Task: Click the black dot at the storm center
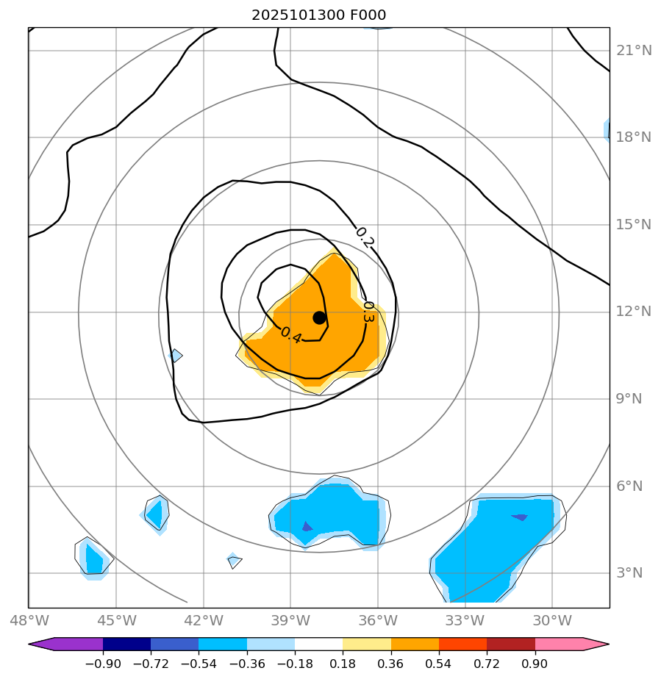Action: click(319, 317)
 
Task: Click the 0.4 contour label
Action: click(291, 335)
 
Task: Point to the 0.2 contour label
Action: click(365, 237)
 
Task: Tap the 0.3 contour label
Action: click(368, 312)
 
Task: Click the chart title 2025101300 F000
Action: click(318, 15)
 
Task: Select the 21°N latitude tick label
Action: click(633, 51)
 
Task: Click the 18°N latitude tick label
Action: click(633, 137)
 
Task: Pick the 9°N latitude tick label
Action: click(628, 399)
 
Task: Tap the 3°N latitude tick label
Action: click(628, 573)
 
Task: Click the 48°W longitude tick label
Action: click(29, 621)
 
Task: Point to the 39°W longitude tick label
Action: click(290, 621)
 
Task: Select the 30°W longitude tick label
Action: click(552, 621)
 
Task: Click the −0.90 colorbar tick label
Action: click(102, 664)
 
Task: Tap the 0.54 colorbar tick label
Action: click(439, 664)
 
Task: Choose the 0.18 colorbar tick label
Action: click(343, 664)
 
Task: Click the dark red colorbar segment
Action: click(511, 644)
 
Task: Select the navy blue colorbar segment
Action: click(126, 644)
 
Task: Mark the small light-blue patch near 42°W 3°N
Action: click(234, 561)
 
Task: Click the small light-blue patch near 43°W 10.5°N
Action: click(176, 356)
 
